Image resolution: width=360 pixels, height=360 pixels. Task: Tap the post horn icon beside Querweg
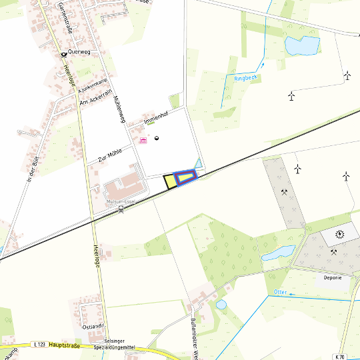(x=63, y=53)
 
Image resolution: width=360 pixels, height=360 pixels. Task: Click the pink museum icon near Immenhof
(x=142, y=140)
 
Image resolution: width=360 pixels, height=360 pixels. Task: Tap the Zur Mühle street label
(x=111, y=155)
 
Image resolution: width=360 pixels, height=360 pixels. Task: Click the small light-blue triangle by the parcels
(x=197, y=163)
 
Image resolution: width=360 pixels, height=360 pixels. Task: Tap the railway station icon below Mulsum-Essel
(x=121, y=209)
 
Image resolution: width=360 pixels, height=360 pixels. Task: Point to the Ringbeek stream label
(x=246, y=78)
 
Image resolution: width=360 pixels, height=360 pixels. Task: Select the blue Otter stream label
(x=280, y=292)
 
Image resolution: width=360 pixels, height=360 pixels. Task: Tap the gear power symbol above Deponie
(x=340, y=233)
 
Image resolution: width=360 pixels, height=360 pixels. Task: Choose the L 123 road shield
(x=39, y=345)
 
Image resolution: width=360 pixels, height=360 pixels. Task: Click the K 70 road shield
(x=341, y=357)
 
